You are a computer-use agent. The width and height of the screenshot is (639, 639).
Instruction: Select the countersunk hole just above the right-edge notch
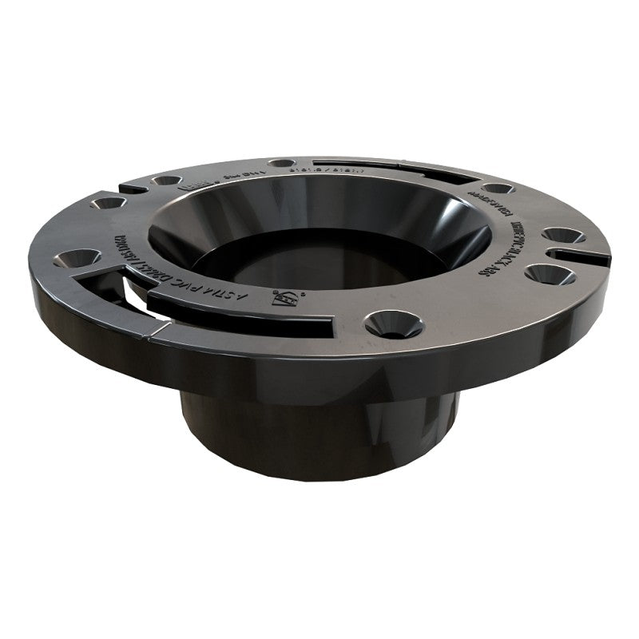tap(562, 236)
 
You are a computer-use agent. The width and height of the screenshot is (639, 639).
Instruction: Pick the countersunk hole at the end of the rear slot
tap(497, 189)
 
